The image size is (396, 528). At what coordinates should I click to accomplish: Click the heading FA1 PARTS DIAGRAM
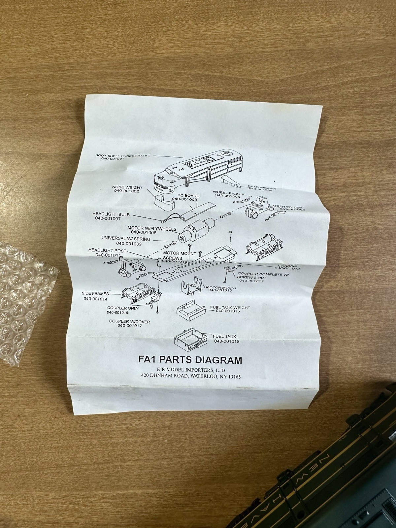pyautogui.click(x=190, y=360)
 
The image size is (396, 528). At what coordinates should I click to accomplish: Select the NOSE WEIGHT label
pyautogui.click(x=127, y=187)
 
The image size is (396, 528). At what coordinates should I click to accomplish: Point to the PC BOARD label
pyautogui.click(x=188, y=196)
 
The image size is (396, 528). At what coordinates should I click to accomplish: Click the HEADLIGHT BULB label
pyautogui.click(x=111, y=214)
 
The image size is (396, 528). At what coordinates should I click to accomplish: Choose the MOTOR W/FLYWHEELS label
pyautogui.click(x=152, y=228)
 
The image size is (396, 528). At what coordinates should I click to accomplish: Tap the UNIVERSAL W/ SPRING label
pyautogui.click(x=126, y=239)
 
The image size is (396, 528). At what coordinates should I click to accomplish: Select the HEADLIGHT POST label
pyautogui.click(x=107, y=250)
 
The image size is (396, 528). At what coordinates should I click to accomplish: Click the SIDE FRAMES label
pyautogui.click(x=95, y=294)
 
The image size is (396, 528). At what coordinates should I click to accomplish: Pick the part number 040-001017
pyautogui.click(x=130, y=326)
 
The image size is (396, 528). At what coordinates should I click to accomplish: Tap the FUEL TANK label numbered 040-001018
pyautogui.click(x=224, y=336)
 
